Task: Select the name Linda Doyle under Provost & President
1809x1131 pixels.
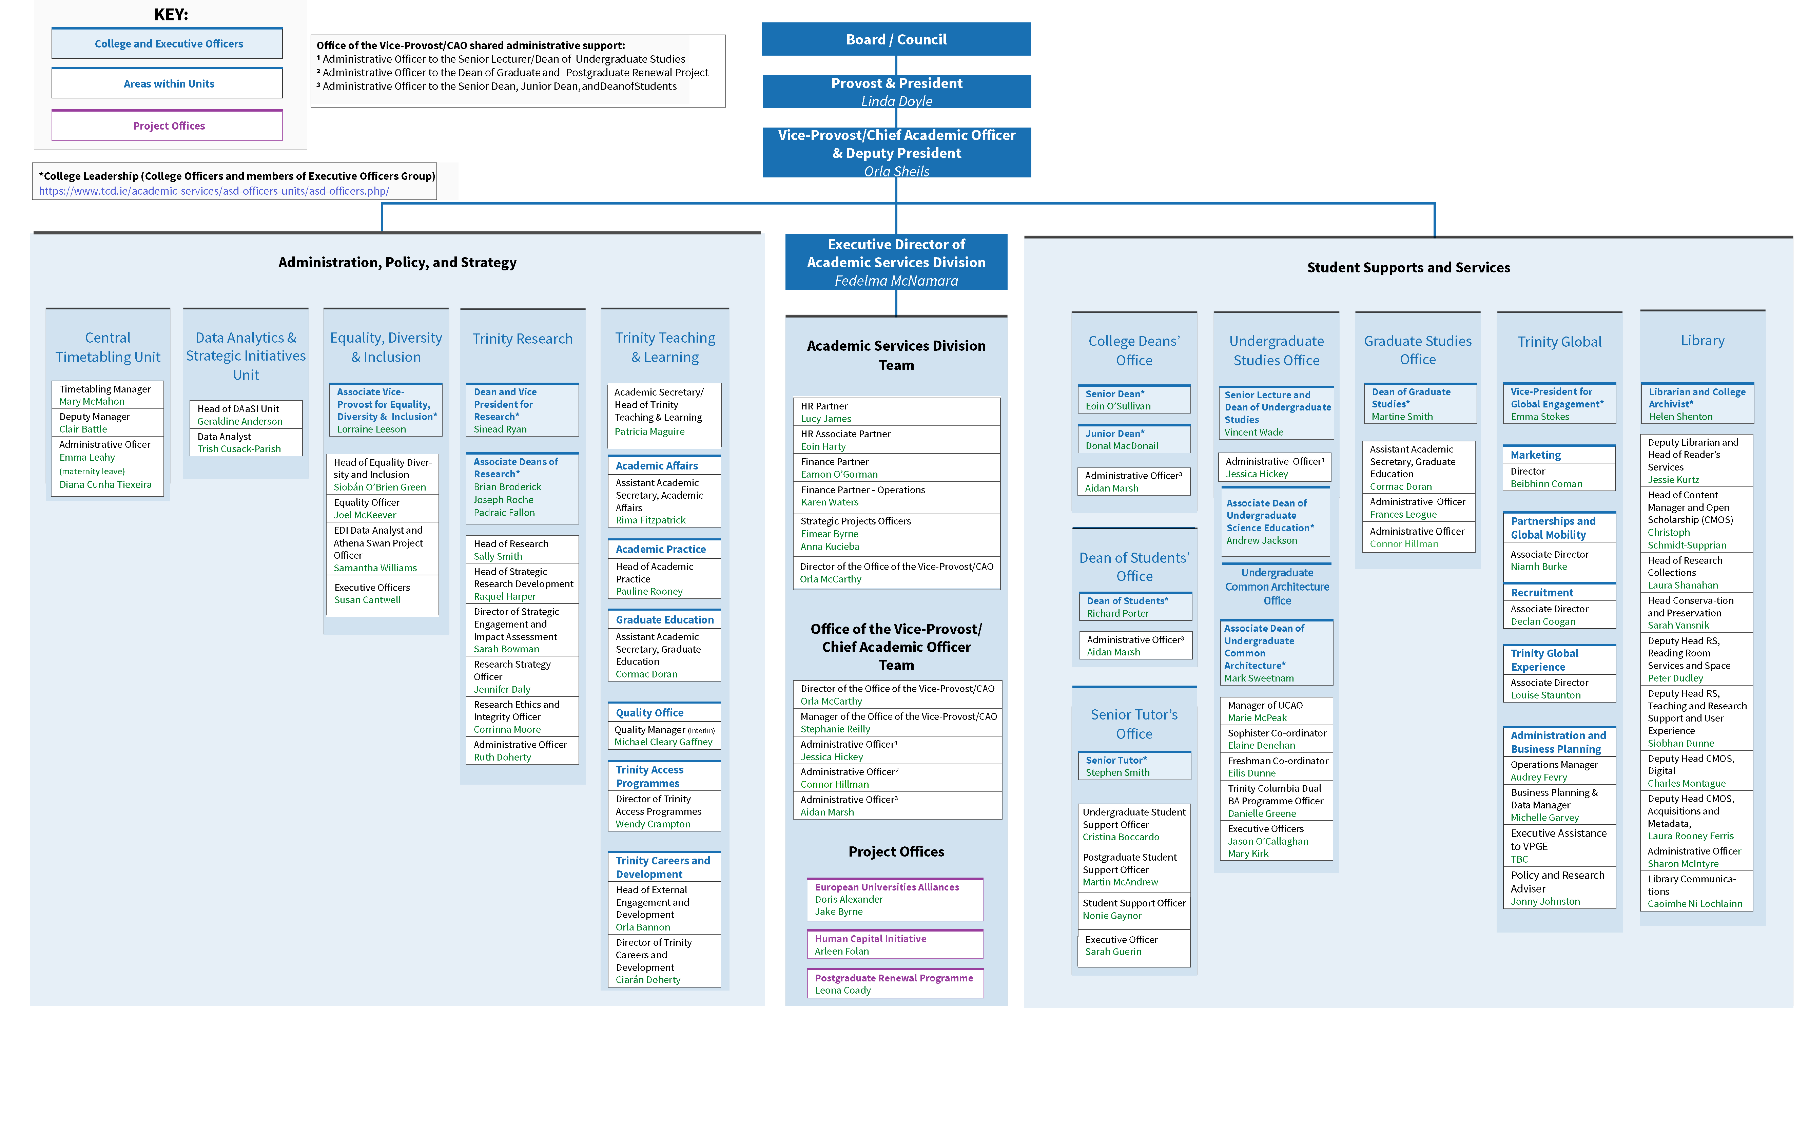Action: point(896,101)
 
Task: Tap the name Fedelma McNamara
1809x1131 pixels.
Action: point(896,281)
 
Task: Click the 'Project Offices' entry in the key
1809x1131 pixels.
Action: point(168,126)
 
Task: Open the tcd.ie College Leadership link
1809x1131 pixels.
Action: point(214,191)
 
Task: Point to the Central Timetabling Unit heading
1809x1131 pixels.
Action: point(108,347)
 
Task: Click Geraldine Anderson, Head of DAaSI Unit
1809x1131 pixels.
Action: point(239,421)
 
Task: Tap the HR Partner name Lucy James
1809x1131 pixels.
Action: point(825,419)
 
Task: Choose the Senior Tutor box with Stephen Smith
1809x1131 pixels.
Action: point(1134,766)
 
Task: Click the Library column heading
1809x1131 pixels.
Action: point(1702,340)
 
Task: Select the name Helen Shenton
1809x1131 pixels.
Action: point(1680,417)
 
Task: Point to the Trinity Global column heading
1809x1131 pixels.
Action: point(1559,342)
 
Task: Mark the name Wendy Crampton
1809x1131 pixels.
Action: point(653,824)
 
